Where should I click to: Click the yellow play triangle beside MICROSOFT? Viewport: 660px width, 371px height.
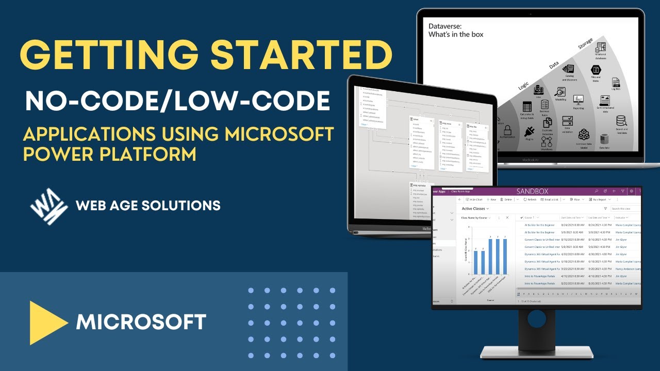[47, 323]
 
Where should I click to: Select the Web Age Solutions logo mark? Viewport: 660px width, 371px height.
[48, 206]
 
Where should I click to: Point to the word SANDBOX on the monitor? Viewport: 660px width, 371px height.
[533, 191]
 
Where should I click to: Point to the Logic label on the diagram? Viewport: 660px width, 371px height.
[523, 86]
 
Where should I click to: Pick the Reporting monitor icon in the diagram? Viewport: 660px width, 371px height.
[578, 99]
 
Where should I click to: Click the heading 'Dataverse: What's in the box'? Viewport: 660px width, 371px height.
[456, 30]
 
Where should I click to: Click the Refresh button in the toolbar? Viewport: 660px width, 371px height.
[530, 199]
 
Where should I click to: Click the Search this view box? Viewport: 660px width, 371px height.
[625, 209]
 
